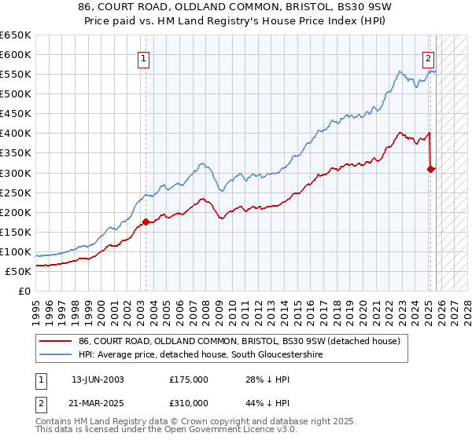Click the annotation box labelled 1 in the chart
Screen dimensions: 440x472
145,57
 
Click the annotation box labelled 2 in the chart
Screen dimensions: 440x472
428,57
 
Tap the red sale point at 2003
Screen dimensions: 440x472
146,222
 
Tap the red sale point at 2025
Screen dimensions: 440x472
431,168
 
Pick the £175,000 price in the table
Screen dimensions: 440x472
188,379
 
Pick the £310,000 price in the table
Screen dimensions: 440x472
188,402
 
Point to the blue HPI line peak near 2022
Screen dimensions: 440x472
400,71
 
